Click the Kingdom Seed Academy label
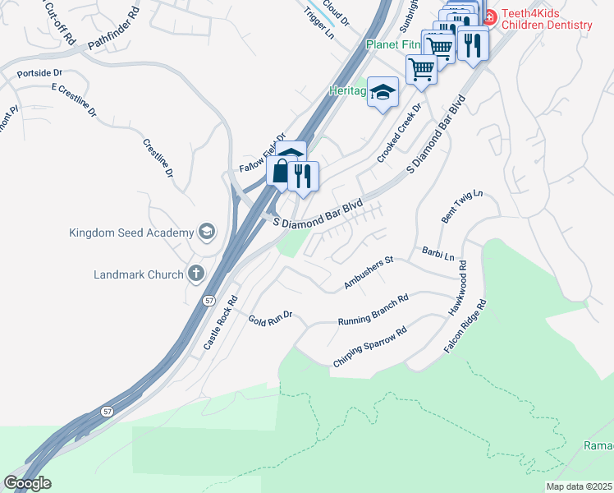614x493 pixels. [x=131, y=233]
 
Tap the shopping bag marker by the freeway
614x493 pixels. [x=281, y=173]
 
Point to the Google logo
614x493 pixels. [x=27, y=482]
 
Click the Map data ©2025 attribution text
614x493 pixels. [x=580, y=486]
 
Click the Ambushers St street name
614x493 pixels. [x=369, y=273]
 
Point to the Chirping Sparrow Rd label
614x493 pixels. [x=370, y=348]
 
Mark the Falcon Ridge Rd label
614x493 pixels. [x=465, y=326]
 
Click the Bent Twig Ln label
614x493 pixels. [x=463, y=206]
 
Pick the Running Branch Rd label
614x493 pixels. [x=373, y=311]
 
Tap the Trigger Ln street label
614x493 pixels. [x=319, y=24]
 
